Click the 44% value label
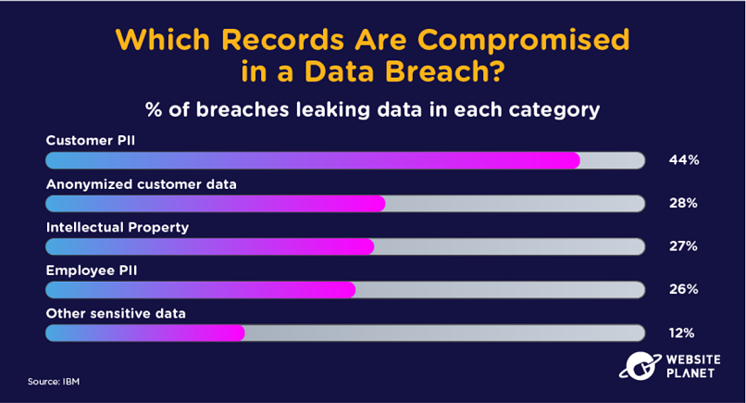click(x=684, y=160)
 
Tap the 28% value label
click(x=683, y=204)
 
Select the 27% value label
click(x=683, y=246)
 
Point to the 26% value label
click(x=684, y=289)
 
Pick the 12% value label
click(x=681, y=333)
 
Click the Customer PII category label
click(x=91, y=141)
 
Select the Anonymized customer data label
click(x=142, y=184)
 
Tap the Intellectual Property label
click(x=118, y=228)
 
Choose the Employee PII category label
click(x=92, y=271)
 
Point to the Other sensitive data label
click(x=116, y=313)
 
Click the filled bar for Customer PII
click(x=313, y=160)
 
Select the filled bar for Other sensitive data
click(x=145, y=333)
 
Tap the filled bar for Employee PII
click(x=200, y=290)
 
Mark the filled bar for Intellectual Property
click(x=210, y=246)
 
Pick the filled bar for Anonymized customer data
click(x=215, y=204)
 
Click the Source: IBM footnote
click(x=54, y=382)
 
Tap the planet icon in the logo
click(x=640, y=366)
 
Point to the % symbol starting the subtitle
click(x=154, y=110)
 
